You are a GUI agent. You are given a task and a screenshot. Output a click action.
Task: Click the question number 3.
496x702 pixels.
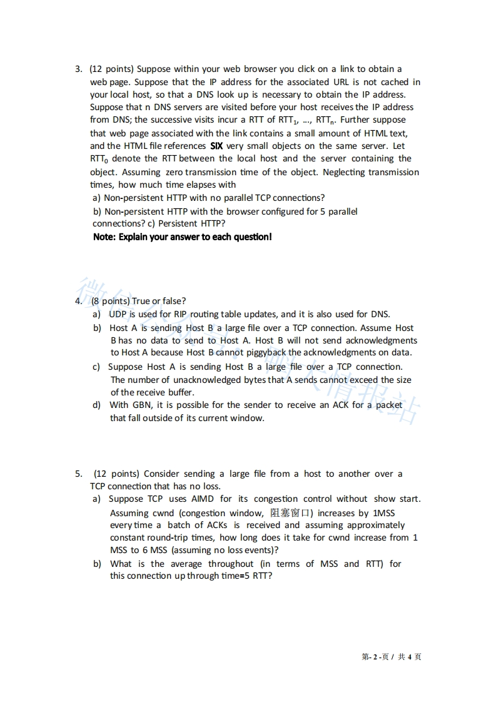(78, 69)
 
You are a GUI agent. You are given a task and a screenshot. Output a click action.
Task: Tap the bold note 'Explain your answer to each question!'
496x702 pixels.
(182, 237)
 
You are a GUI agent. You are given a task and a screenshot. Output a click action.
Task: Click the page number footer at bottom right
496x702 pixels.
(392, 656)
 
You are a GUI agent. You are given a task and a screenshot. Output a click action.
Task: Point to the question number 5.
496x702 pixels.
(78, 474)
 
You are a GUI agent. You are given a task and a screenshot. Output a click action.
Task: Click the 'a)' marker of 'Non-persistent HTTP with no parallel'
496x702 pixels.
(97, 198)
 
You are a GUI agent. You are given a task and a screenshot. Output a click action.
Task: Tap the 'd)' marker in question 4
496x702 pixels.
(97, 405)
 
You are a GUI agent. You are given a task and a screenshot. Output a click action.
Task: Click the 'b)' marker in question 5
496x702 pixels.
(97, 564)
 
